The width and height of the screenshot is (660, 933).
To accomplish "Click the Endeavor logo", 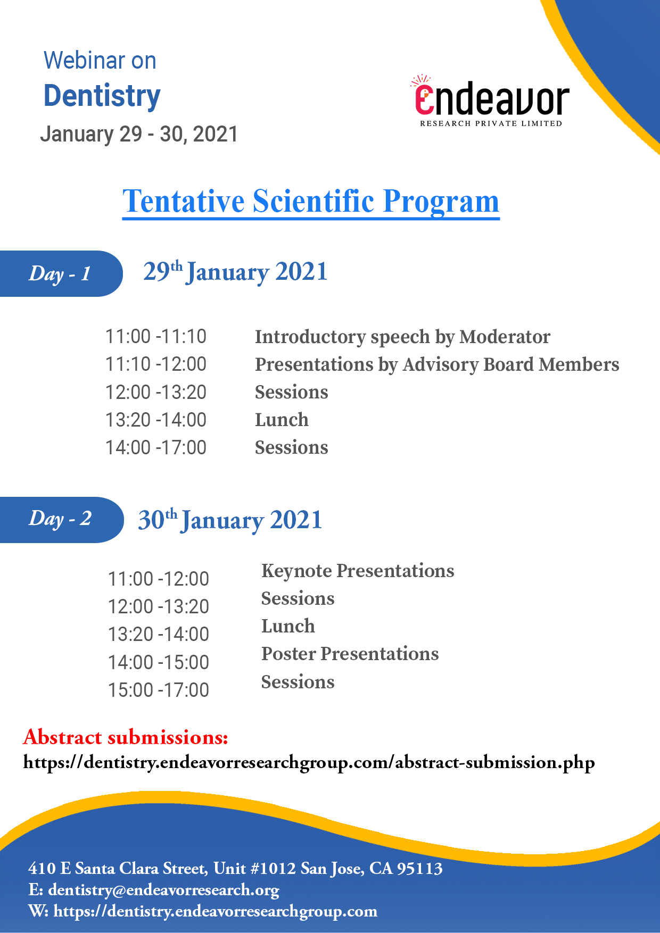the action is click(491, 101).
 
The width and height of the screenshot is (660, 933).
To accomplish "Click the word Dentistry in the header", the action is click(102, 96).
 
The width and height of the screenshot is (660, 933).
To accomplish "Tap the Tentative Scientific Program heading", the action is click(311, 202).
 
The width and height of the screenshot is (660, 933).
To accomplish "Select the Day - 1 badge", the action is click(61, 273).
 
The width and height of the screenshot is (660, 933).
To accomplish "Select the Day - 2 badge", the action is click(61, 520).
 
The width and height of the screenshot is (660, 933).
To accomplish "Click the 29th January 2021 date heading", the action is click(235, 272).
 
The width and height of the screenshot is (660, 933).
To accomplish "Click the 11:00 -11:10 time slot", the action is click(156, 337).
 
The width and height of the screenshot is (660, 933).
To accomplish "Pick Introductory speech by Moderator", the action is click(402, 337).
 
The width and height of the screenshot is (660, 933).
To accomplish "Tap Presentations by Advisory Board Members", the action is click(437, 365).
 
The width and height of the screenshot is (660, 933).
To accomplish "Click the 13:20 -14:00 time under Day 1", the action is click(156, 420).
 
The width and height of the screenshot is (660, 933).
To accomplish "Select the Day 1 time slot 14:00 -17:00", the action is click(156, 448).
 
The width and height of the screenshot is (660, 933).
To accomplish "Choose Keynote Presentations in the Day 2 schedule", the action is click(358, 571).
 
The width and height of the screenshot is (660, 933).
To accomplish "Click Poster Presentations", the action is click(350, 654).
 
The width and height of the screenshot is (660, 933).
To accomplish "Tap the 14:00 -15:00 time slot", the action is click(159, 663).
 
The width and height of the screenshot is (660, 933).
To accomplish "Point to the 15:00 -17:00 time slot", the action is click(159, 690).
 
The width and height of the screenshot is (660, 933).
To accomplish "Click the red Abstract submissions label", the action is click(126, 737).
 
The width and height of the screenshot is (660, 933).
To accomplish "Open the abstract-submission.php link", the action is click(309, 763).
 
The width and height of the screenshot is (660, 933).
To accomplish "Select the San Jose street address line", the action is click(235, 868).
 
